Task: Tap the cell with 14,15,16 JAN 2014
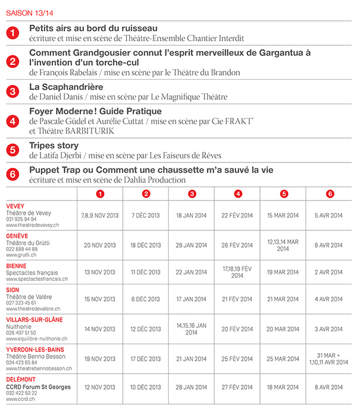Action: point(191,329)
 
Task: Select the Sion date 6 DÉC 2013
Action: point(146,299)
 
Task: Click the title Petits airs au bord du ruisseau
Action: point(93,28)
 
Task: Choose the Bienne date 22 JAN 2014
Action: point(191,272)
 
